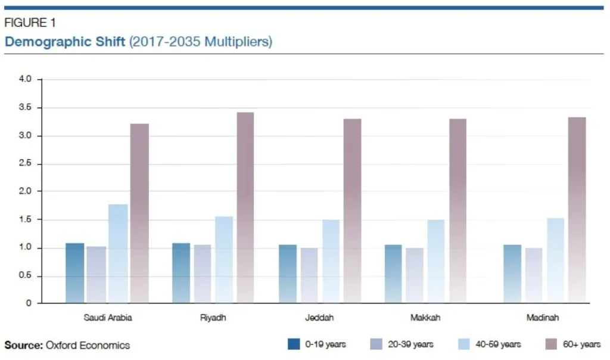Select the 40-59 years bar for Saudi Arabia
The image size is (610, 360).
[118, 253]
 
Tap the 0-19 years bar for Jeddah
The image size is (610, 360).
[288, 274]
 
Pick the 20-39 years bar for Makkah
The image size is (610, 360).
[415, 275]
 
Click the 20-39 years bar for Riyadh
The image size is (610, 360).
[203, 274]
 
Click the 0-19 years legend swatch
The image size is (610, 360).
[293, 345]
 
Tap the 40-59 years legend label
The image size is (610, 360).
[499, 345]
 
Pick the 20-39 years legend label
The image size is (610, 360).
[411, 345]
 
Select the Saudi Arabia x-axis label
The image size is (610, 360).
[108, 318]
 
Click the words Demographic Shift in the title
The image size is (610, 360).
[65, 42]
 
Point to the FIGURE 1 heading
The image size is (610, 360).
[30, 23]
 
